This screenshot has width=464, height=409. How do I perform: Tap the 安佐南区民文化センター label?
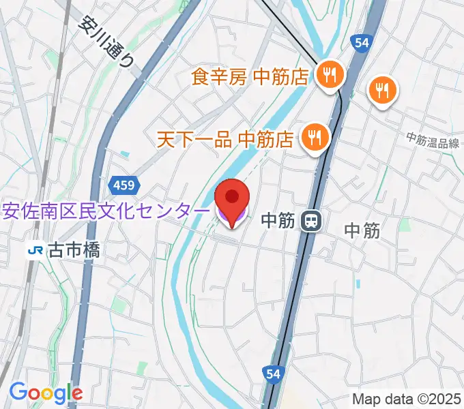pyautogui.click(x=106, y=212)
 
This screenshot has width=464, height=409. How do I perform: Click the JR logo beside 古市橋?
pyautogui.click(x=33, y=251)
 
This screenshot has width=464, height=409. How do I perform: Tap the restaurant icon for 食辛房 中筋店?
pyautogui.click(x=330, y=76)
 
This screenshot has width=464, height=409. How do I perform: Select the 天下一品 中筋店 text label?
pyautogui.click(x=225, y=140)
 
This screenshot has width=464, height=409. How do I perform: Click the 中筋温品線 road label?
pyautogui.click(x=433, y=141)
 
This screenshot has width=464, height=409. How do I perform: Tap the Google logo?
pyautogui.click(x=46, y=393)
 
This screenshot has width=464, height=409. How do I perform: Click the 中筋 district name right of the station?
pyautogui.click(x=362, y=230)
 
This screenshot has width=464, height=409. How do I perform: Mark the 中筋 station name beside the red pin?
pyautogui.click(x=278, y=220)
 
